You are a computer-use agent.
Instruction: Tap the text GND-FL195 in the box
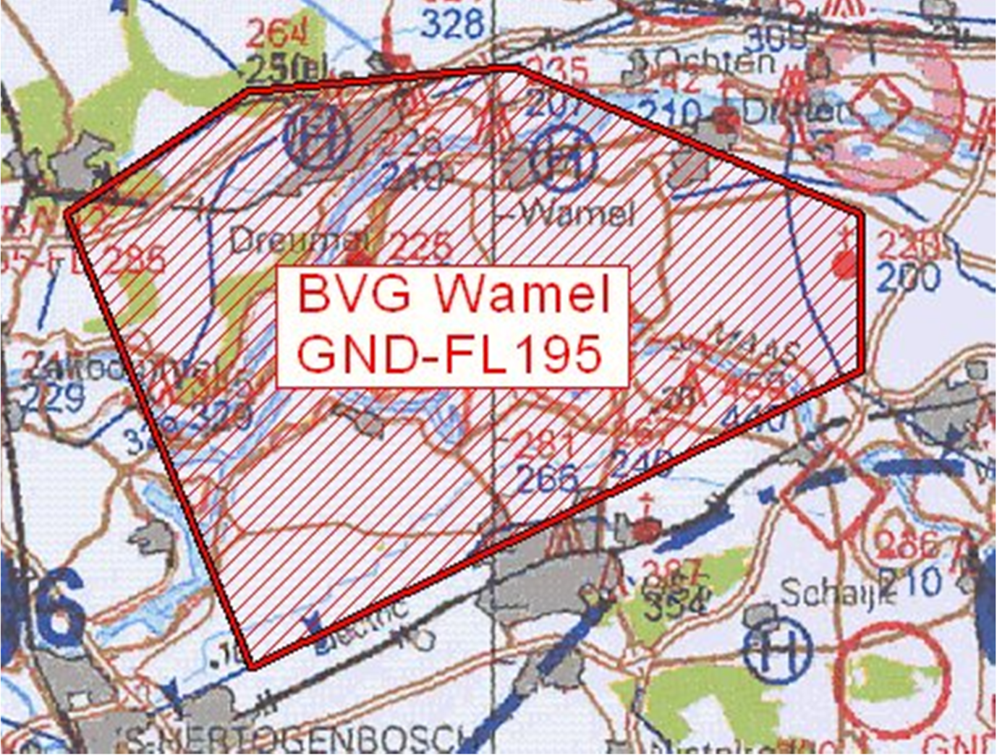point(449,354)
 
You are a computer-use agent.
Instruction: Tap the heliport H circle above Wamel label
point(564,158)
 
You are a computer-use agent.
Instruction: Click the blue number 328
point(453,25)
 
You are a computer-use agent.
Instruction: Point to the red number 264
point(277,33)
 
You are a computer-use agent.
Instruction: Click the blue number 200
point(908,277)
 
